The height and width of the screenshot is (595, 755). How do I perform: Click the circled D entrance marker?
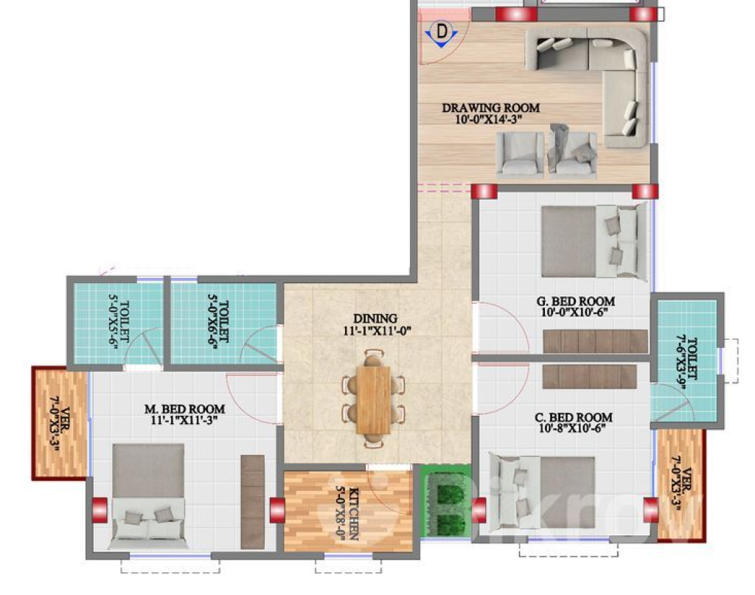click(442, 32)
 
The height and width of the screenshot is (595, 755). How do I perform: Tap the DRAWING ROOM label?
click(490, 108)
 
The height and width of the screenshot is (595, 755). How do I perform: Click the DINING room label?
click(375, 319)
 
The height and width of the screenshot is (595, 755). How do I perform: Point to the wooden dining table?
click(373, 400)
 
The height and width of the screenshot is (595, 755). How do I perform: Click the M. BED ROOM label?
click(185, 409)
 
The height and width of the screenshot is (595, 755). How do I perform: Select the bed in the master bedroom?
click(147, 495)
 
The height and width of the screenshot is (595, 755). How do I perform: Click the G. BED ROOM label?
click(576, 302)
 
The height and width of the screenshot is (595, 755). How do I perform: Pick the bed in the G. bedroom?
click(594, 241)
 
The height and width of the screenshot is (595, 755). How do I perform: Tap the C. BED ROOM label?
click(574, 417)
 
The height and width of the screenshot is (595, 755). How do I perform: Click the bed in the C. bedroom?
click(542, 492)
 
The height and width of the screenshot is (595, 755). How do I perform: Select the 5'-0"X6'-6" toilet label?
click(218, 321)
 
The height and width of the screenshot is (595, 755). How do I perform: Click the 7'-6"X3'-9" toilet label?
click(687, 358)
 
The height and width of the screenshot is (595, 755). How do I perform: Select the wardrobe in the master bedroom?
click(253, 501)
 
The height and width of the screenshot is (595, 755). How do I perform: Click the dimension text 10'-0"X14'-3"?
click(489, 119)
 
